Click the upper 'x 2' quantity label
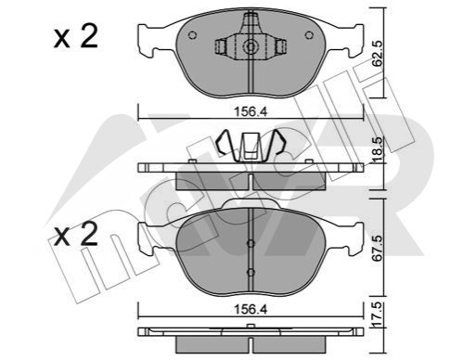76,36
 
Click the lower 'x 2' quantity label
76,234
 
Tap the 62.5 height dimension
378,53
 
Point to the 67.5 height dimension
378,248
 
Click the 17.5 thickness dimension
378,315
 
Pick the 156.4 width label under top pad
251,111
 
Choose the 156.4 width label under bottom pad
251,310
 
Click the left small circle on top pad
192,35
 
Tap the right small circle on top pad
309,35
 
